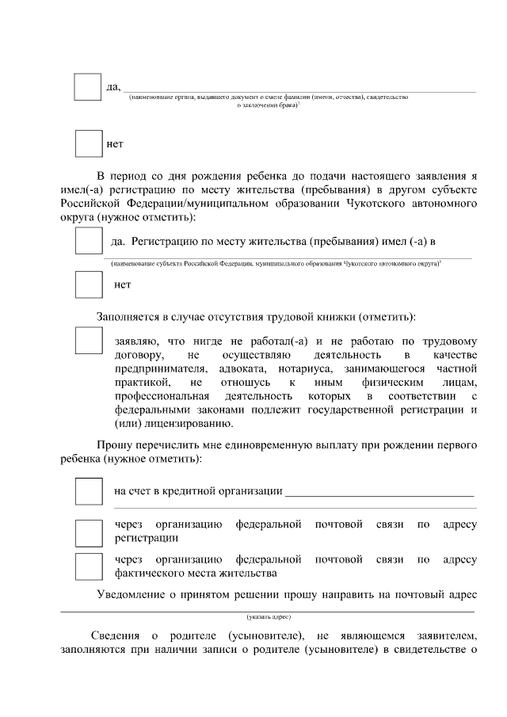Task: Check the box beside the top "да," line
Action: click(87, 87)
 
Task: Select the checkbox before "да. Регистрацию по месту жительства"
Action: click(89, 240)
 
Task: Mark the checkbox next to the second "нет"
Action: click(89, 284)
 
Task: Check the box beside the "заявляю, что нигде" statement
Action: click(89, 341)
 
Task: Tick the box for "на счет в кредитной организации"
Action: click(89, 491)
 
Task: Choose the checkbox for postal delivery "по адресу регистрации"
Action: click(89, 532)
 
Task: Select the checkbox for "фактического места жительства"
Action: click(89, 566)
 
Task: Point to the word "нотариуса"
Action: click(331, 369)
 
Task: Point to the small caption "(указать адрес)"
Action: click(269, 616)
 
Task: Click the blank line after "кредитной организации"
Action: click(379, 491)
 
